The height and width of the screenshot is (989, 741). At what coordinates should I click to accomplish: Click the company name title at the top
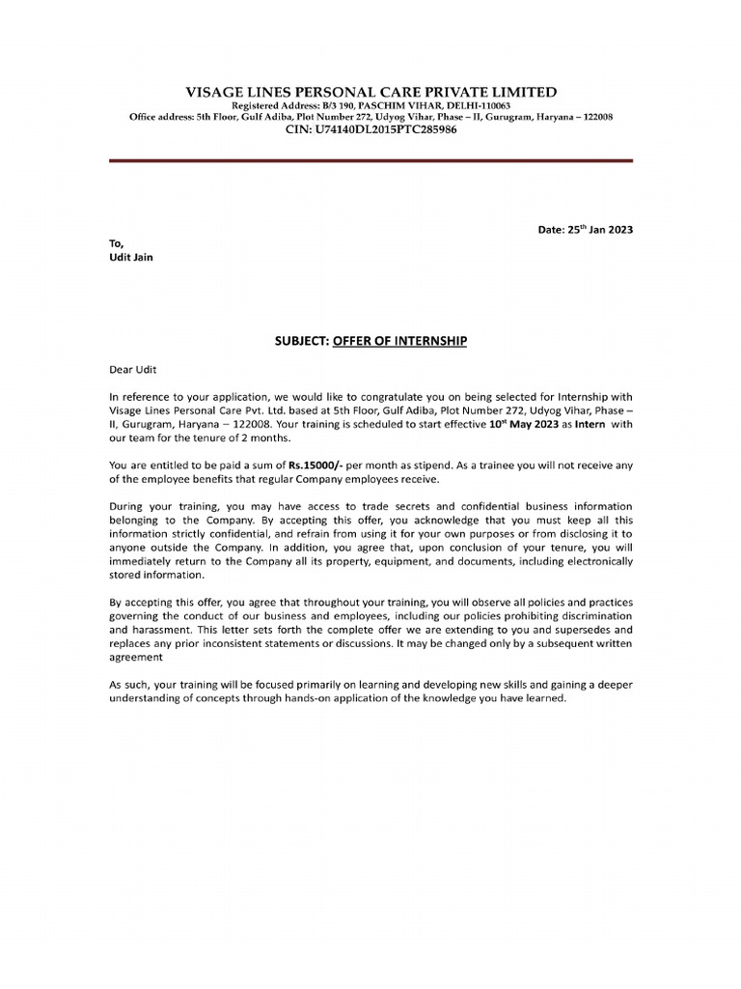pos(370,92)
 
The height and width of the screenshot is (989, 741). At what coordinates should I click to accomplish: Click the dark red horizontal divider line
pos(370,160)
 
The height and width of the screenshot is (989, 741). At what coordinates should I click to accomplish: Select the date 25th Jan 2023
pos(585,230)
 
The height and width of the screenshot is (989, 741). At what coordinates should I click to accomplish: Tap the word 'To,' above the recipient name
pos(116,243)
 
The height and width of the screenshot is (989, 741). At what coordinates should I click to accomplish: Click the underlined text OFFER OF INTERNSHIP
pos(399,341)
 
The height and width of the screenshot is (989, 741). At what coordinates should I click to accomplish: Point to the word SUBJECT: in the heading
pos(303,341)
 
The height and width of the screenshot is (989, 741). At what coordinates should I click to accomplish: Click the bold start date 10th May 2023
pos(517,423)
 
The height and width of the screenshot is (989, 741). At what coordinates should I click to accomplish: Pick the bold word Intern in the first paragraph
pos(591,423)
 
